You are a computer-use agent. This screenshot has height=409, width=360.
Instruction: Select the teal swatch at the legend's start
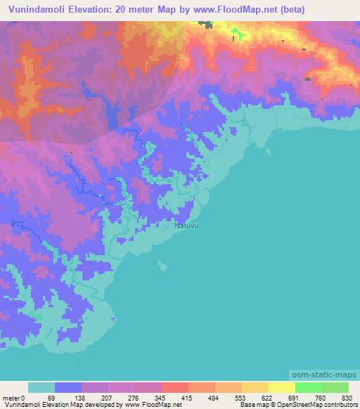(41, 387)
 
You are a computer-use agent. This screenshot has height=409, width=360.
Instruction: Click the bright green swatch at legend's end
(335, 387)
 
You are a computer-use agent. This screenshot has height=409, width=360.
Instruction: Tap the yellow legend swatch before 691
(282, 387)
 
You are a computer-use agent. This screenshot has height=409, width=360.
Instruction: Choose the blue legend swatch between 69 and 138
(68, 387)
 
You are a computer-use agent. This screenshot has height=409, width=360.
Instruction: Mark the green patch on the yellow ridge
(236, 33)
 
